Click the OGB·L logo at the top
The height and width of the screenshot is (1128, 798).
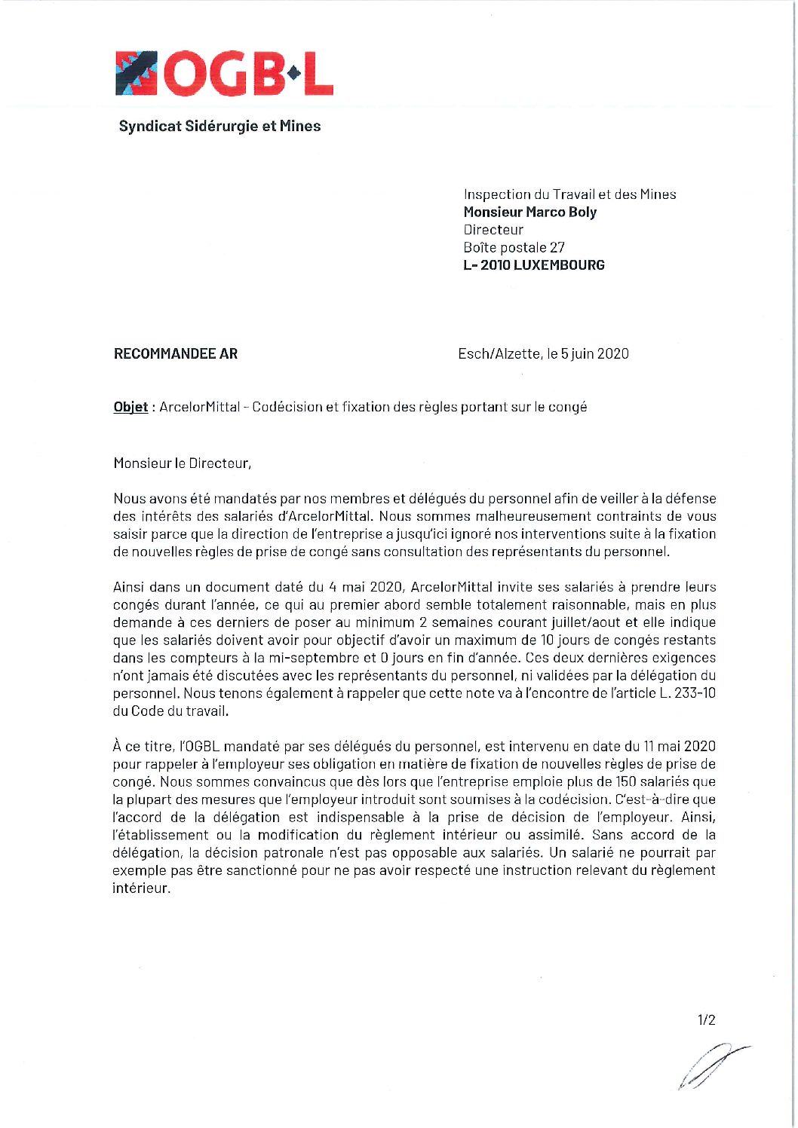[224, 73]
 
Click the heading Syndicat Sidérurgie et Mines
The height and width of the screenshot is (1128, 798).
[219, 126]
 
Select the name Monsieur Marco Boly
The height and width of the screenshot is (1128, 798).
[529, 212]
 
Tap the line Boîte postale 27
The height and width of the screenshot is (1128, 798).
[514, 247]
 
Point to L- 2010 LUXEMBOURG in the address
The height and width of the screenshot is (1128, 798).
[533, 265]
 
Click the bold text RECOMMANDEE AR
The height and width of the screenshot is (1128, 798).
[175, 353]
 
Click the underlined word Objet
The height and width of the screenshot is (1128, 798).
[130, 407]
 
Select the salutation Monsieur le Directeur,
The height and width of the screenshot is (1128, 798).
[182, 463]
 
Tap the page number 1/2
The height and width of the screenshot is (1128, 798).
[706, 1020]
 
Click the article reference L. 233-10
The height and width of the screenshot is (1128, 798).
[687, 693]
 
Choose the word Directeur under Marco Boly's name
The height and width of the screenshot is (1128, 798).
[493, 230]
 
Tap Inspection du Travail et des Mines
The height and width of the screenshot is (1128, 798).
[569, 194]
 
